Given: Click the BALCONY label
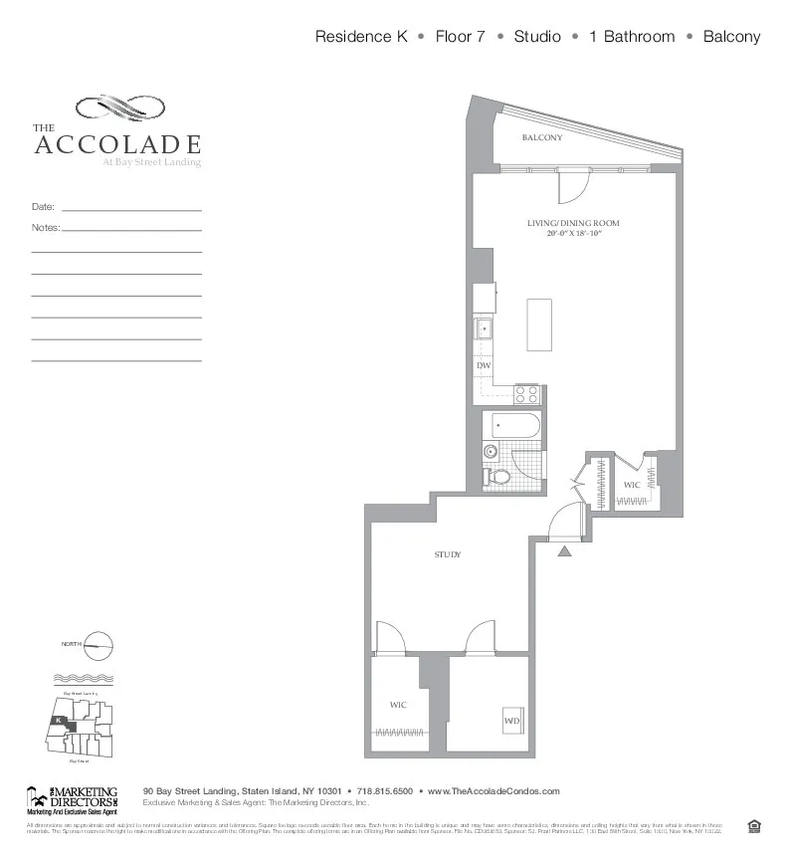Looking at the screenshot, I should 542,137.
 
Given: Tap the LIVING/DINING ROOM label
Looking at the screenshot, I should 573,223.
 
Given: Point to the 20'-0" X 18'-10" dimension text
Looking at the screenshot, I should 574,234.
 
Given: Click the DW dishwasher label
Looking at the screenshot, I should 483,366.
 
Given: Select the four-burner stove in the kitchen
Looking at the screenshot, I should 526,394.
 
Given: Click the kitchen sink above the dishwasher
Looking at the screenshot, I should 484,327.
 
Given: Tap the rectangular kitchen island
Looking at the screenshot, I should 538,324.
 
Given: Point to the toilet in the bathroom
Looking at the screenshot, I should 499,478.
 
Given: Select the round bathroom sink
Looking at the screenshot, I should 490,452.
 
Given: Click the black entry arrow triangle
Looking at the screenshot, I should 564,549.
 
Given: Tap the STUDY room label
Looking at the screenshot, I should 447,554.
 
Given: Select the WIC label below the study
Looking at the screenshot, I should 398,705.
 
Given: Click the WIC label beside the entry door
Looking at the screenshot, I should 631,486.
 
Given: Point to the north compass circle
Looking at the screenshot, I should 99,646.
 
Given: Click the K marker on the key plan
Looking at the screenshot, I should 59,720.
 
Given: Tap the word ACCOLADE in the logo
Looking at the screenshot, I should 117,145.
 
